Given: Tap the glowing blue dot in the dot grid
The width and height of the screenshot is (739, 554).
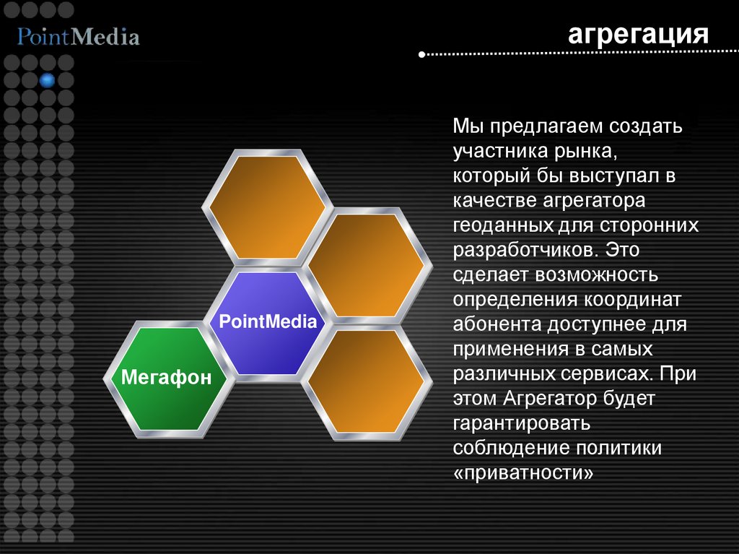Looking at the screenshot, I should coord(48,79).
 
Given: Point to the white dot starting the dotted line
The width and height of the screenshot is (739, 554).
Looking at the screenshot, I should coord(422,53).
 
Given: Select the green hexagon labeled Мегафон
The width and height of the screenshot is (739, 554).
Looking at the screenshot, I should coord(167,378).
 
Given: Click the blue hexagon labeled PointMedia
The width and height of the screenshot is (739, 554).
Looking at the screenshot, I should coord(267,323).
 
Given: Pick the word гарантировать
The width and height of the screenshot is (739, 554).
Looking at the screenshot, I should coord(522,423).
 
